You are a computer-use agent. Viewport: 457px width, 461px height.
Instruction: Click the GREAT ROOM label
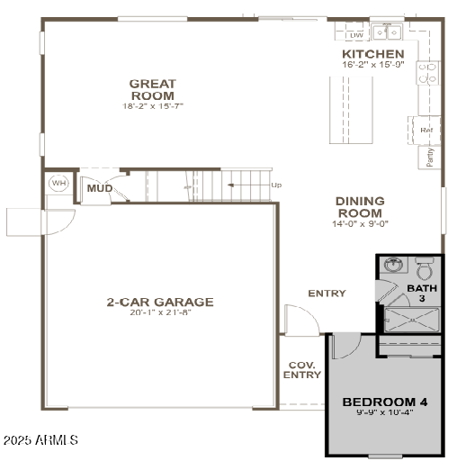(153, 89)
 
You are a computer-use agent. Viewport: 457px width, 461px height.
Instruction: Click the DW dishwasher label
(356, 35)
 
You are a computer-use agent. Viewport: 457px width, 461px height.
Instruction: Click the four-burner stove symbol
(426, 73)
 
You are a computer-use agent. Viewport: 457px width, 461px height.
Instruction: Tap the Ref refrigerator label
(426, 130)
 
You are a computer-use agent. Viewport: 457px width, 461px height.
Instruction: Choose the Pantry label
(430, 157)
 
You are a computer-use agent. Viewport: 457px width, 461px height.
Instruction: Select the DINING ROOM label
(359, 206)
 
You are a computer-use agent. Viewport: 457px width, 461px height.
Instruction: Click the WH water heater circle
(58, 184)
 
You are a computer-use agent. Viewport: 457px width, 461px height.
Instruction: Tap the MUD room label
(99, 189)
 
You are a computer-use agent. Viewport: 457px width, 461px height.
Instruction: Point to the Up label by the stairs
(276, 185)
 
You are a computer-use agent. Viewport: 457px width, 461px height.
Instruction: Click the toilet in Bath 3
(425, 268)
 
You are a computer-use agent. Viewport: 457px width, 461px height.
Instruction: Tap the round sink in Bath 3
(393, 267)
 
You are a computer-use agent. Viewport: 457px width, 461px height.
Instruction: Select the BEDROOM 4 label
(385, 402)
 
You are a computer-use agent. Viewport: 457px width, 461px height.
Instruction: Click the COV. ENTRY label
(302, 370)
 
